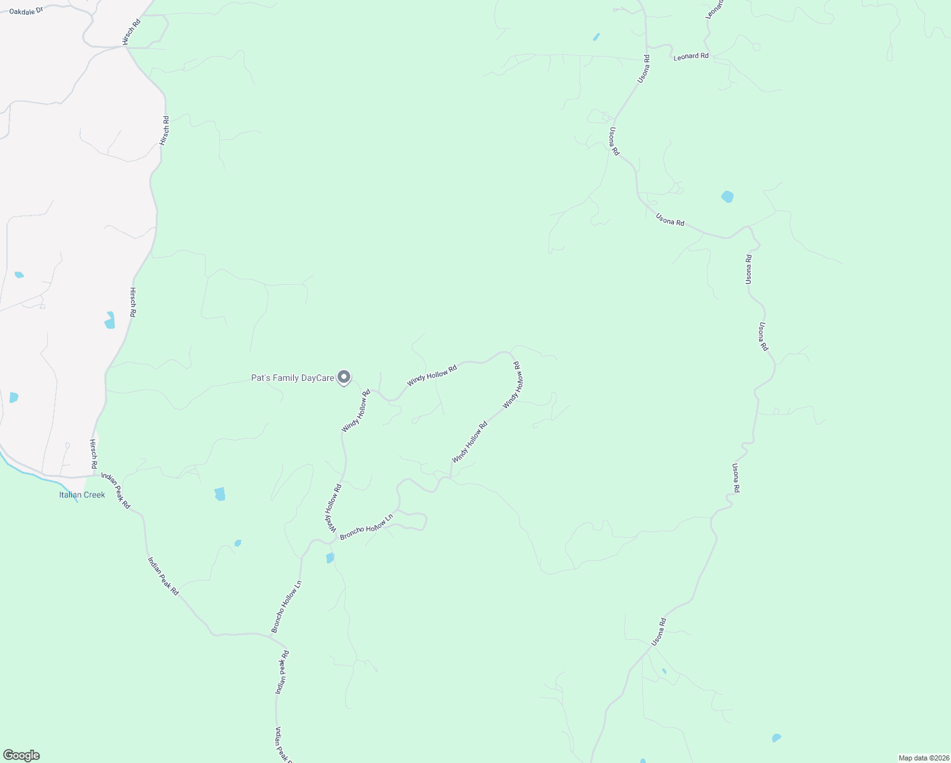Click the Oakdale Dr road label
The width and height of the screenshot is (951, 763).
tap(25, 11)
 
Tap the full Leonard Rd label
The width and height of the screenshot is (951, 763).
tap(691, 57)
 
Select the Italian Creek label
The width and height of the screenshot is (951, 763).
tap(82, 495)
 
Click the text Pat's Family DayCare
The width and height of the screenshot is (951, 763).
tap(292, 378)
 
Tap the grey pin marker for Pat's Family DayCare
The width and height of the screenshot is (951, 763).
tap(344, 378)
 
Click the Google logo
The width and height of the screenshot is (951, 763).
tap(21, 755)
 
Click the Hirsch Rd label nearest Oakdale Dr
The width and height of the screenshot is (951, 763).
tap(132, 32)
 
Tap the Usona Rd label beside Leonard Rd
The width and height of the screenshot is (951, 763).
tap(644, 69)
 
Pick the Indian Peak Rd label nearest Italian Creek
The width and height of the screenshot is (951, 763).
tap(116, 491)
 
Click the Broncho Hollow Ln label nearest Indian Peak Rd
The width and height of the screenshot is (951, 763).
tap(286, 607)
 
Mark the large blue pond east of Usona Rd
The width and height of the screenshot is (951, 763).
tap(727, 196)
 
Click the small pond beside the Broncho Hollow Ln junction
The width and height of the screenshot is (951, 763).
tap(330, 558)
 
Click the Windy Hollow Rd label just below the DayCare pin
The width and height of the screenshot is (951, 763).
tap(356, 411)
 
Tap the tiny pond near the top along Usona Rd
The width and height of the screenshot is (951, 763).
tap(596, 37)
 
